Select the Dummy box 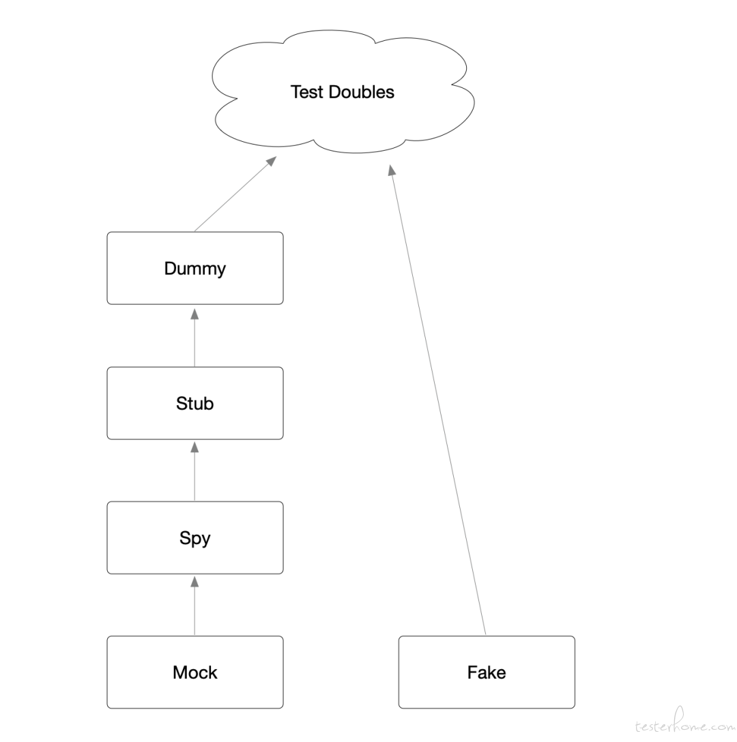195,268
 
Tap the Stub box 195,403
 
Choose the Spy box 195,537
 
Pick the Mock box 195,672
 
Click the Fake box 487,672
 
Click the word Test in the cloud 307,92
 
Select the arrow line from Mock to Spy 194,605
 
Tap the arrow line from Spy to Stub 194,471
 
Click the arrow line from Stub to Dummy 194,336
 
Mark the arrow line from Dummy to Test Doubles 235,194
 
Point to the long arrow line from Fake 438,400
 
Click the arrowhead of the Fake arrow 392,170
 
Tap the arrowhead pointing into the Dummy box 194,313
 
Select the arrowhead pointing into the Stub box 194,447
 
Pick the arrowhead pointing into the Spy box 194,581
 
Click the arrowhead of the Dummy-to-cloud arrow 272,161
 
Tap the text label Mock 195,672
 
